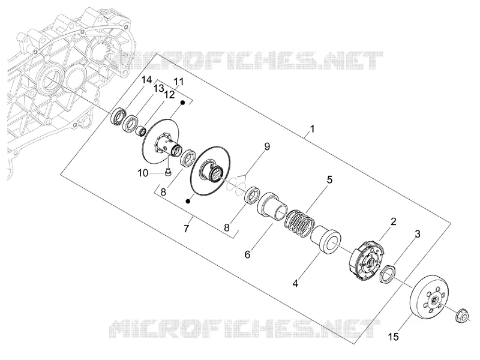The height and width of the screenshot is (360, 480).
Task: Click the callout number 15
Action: pyautogui.click(x=394, y=337)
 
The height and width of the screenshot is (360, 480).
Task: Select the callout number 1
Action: pyautogui.click(x=312, y=129)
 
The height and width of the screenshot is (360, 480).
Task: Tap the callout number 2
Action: pyautogui.click(x=394, y=221)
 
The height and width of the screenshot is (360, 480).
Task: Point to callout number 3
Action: pyautogui.click(x=417, y=234)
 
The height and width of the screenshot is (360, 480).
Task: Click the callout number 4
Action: pyautogui.click(x=295, y=284)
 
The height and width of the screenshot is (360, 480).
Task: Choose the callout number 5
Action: pyautogui.click(x=329, y=179)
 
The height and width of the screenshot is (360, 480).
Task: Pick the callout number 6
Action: pyautogui.click(x=247, y=254)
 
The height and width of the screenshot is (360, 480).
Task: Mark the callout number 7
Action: pyautogui.click(x=187, y=228)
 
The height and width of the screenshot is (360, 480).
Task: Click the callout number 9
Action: pyautogui.click(x=267, y=146)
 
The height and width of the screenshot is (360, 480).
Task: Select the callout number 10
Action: pyautogui.click(x=143, y=173)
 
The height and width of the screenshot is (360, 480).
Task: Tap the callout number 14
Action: pyautogui.click(x=146, y=80)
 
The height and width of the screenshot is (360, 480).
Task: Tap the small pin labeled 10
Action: pyautogui.click(x=167, y=172)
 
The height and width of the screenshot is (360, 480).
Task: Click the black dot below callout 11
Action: pyautogui.click(x=182, y=103)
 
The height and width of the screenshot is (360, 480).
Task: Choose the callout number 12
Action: pyautogui.click(x=169, y=95)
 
